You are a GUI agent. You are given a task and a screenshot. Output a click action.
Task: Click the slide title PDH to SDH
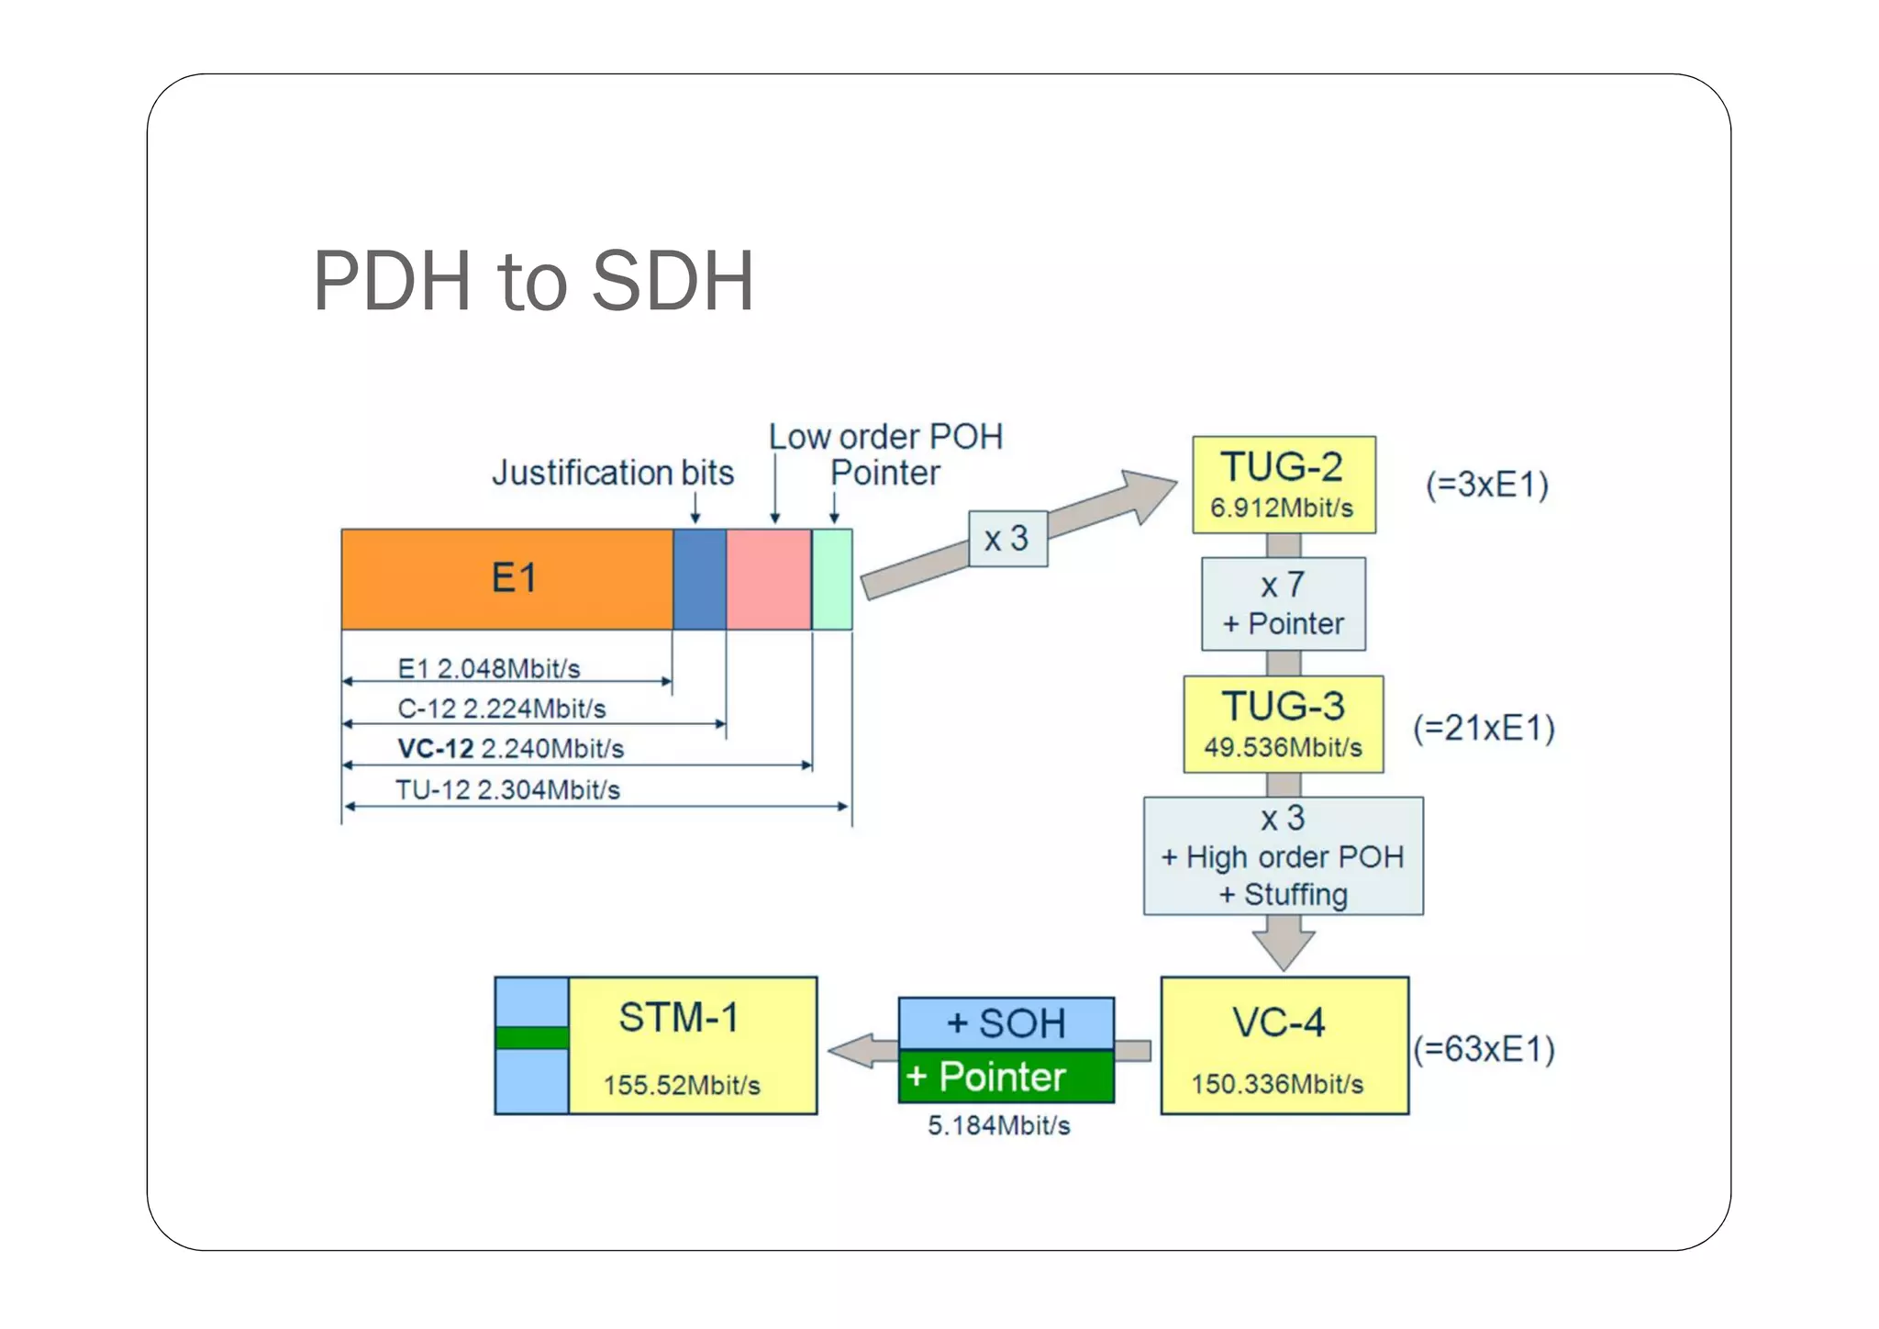(533, 281)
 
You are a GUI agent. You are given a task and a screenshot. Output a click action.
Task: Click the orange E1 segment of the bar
(507, 579)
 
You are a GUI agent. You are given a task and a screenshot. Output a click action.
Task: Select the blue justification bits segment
(699, 579)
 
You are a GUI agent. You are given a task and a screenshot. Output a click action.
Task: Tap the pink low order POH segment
(769, 579)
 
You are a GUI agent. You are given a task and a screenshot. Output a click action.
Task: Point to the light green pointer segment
(832, 579)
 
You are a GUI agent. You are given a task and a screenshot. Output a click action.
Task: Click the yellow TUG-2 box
(1283, 485)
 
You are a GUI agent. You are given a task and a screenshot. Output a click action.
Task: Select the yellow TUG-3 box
(1283, 724)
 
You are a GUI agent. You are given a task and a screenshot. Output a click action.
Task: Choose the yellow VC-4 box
(1284, 1045)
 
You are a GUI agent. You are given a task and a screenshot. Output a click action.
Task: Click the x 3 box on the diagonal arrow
(1007, 539)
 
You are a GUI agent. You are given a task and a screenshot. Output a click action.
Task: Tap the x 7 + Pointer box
(1283, 604)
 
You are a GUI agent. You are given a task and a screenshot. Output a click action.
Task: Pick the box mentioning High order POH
(1283, 855)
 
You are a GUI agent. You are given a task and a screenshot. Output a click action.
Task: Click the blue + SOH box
(1006, 1023)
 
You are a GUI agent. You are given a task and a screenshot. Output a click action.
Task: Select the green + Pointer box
(1006, 1077)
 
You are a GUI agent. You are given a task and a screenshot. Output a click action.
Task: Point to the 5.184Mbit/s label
(998, 1126)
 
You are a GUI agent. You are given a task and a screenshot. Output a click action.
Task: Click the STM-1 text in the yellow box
(678, 1018)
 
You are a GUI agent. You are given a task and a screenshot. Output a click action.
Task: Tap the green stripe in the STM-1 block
(531, 1038)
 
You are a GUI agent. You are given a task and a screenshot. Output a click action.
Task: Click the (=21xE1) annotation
(1484, 728)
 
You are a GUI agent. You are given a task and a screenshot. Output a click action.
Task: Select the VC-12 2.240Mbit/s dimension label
(510, 749)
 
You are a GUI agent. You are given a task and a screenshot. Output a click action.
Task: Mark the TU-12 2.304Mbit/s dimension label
(507, 790)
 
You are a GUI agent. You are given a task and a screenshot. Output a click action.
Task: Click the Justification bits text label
(613, 474)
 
